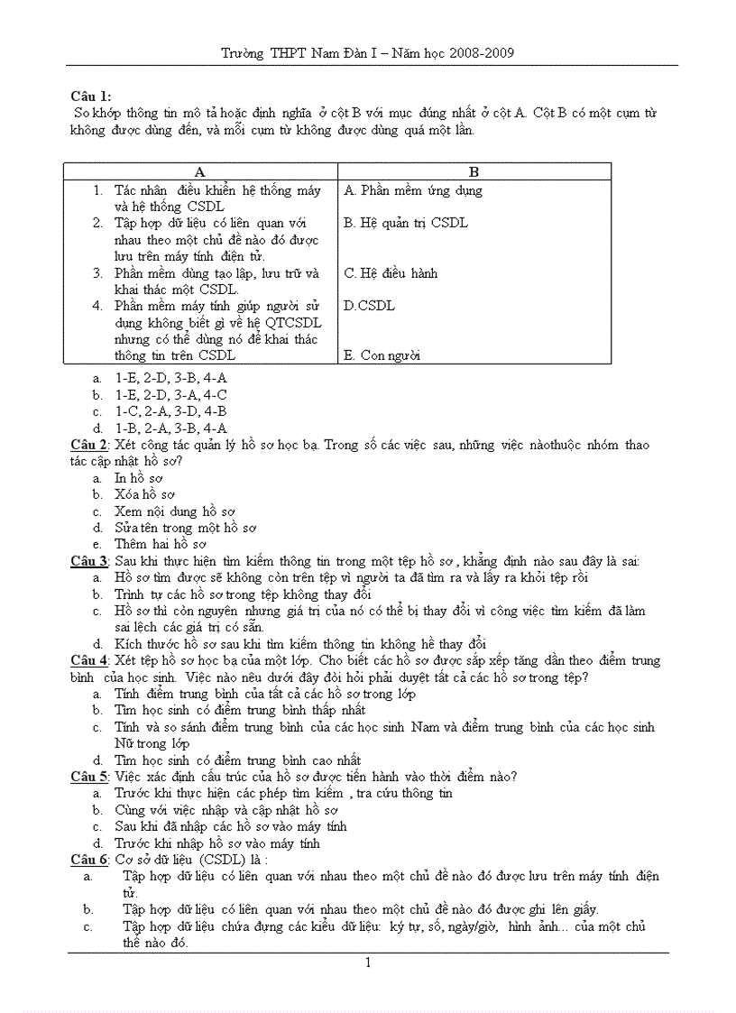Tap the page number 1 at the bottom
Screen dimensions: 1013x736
pyautogui.click(x=368, y=963)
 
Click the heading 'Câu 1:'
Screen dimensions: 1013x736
pyautogui.click(x=91, y=97)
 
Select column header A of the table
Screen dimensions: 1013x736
pyautogui.click(x=200, y=172)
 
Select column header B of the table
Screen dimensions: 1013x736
pyautogui.click(x=474, y=172)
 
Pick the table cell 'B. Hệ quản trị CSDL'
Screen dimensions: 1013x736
pyautogui.click(x=406, y=223)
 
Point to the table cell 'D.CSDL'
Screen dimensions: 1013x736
pyautogui.click(x=369, y=306)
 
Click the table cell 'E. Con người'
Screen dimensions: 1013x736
pyautogui.click(x=382, y=355)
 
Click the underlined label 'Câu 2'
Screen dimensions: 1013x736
pyautogui.click(x=89, y=445)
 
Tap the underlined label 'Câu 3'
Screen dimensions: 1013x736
pyautogui.click(x=89, y=561)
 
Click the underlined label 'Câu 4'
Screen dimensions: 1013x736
pyautogui.click(x=89, y=661)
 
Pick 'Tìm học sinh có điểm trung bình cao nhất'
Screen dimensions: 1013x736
pyautogui.click(x=237, y=760)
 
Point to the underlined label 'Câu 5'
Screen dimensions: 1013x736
pyautogui.click(x=89, y=777)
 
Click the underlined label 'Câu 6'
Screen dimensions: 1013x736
pyautogui.click(x=89, y=860)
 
